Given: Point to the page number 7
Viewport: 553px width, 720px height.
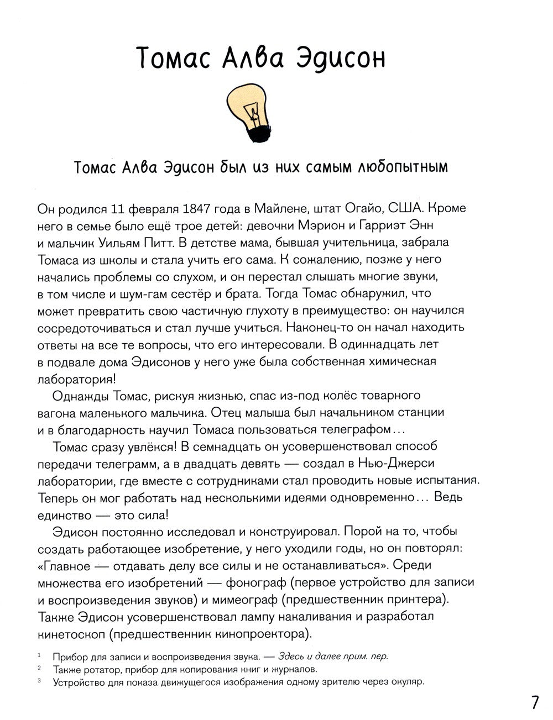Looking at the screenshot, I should point(534,702).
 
